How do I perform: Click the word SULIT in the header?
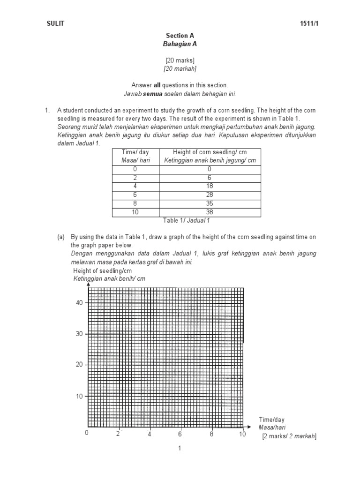click(56, 24)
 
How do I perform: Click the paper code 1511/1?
click(307, 24)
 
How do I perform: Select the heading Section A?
click(180, 36)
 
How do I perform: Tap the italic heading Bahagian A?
click(180, 44)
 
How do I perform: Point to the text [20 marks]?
click(180, 60)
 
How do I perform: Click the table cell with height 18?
click(209, 186)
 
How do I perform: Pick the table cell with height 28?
click(209, 195)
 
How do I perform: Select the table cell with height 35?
click(209, 203)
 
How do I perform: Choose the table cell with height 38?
click(209, 212)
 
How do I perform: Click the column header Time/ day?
click(135, 152)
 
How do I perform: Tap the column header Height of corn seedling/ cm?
click(209, 152)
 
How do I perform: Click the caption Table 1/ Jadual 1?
click(186, 220)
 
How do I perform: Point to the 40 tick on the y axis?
click(79, 303)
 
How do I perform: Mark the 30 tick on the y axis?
click(79, 334)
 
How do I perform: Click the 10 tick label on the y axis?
click(79, 396)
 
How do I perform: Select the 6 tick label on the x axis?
click(180, 434)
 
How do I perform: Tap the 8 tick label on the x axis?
click(211, 434)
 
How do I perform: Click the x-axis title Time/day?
click(271, 420)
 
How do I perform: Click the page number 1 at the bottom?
click(180, 449)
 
